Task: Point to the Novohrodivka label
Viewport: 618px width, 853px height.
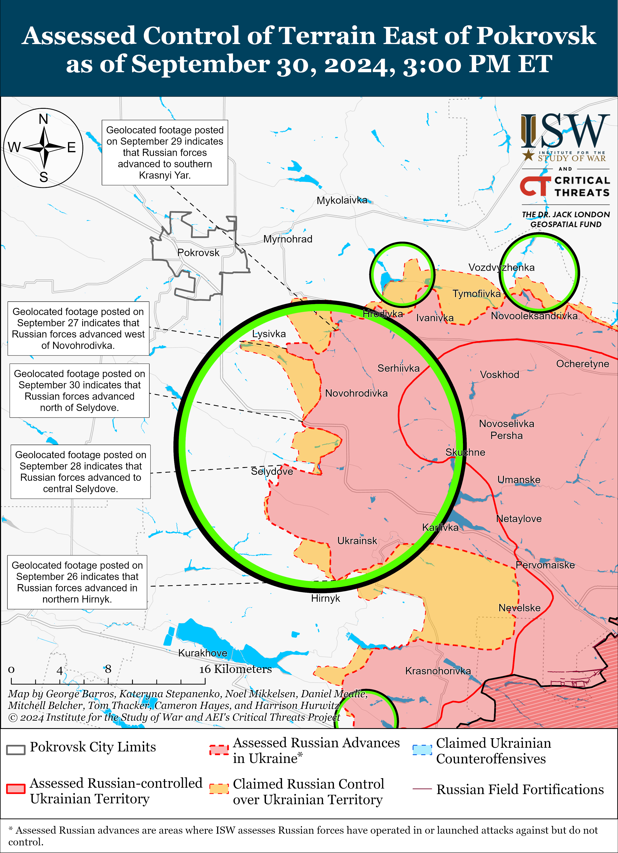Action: pos(356,393)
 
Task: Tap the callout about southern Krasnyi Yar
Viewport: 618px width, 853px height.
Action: pos(165,152)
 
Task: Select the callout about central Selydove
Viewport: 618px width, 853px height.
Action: pos(81,472)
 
